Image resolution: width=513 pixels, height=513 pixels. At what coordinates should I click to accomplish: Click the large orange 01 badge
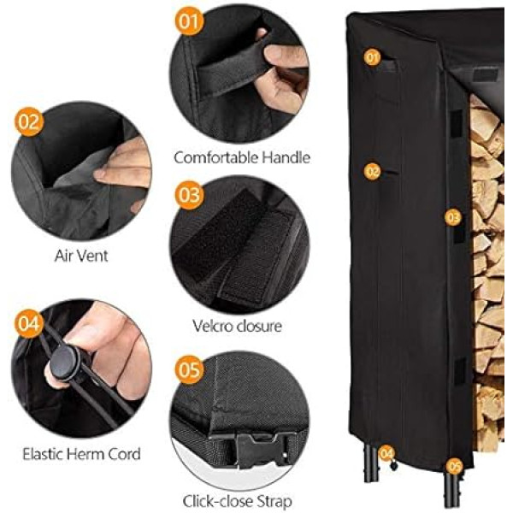pos(190,21)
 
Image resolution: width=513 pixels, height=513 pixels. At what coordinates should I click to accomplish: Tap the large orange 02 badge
pos(30,121)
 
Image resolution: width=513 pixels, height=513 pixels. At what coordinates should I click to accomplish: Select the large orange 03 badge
pos(189,195)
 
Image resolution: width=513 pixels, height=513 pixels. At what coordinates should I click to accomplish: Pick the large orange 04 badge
pos(29,323)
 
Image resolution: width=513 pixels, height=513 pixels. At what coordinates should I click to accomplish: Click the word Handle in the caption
pos(286,157)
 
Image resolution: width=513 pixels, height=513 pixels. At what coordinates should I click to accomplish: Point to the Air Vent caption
pos(81,256)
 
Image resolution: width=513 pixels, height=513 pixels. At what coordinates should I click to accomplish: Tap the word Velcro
pos(213,326)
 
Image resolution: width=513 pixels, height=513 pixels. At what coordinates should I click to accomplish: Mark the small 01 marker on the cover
pos(372,57)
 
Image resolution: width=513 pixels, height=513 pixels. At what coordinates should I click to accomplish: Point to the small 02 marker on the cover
pos(373,172)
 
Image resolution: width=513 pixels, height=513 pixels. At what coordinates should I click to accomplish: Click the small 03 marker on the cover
pos(453,217)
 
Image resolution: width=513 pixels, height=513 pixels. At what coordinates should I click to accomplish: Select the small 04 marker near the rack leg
pos(386,453)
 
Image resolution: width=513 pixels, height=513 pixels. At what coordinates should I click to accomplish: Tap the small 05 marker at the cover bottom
pos(455,466)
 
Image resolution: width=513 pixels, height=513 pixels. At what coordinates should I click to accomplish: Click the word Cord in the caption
pos(126,454)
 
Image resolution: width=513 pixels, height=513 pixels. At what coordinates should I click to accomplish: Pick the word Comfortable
pos(216,157)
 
